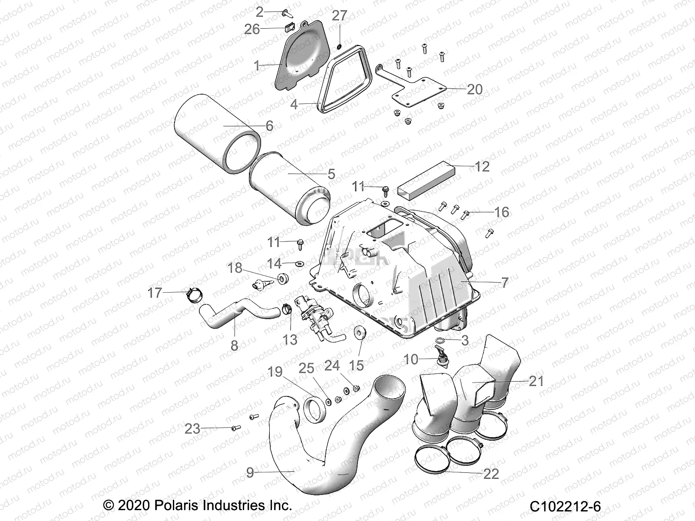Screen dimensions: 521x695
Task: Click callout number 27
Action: pyautogui.click(x=339, y=16)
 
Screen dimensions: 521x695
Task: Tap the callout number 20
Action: pyautogui.click(x=474, y=89)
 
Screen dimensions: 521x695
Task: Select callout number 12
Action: pyautogui.click(x=482, y=167)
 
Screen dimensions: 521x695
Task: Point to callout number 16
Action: pyautogui.click(x=502, y=212)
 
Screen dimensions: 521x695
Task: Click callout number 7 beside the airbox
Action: pyautogui.click(x=504, y=283)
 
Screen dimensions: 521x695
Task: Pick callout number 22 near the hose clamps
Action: pyautogui.click(x=491, y=474)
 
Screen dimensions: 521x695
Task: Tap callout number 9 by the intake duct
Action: pyautogui.click(x=250, y=472)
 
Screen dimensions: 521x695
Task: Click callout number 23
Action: pyautogui.click(x=192, y=429)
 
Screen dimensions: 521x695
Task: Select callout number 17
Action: pyautogui.click(x=155, y=293)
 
